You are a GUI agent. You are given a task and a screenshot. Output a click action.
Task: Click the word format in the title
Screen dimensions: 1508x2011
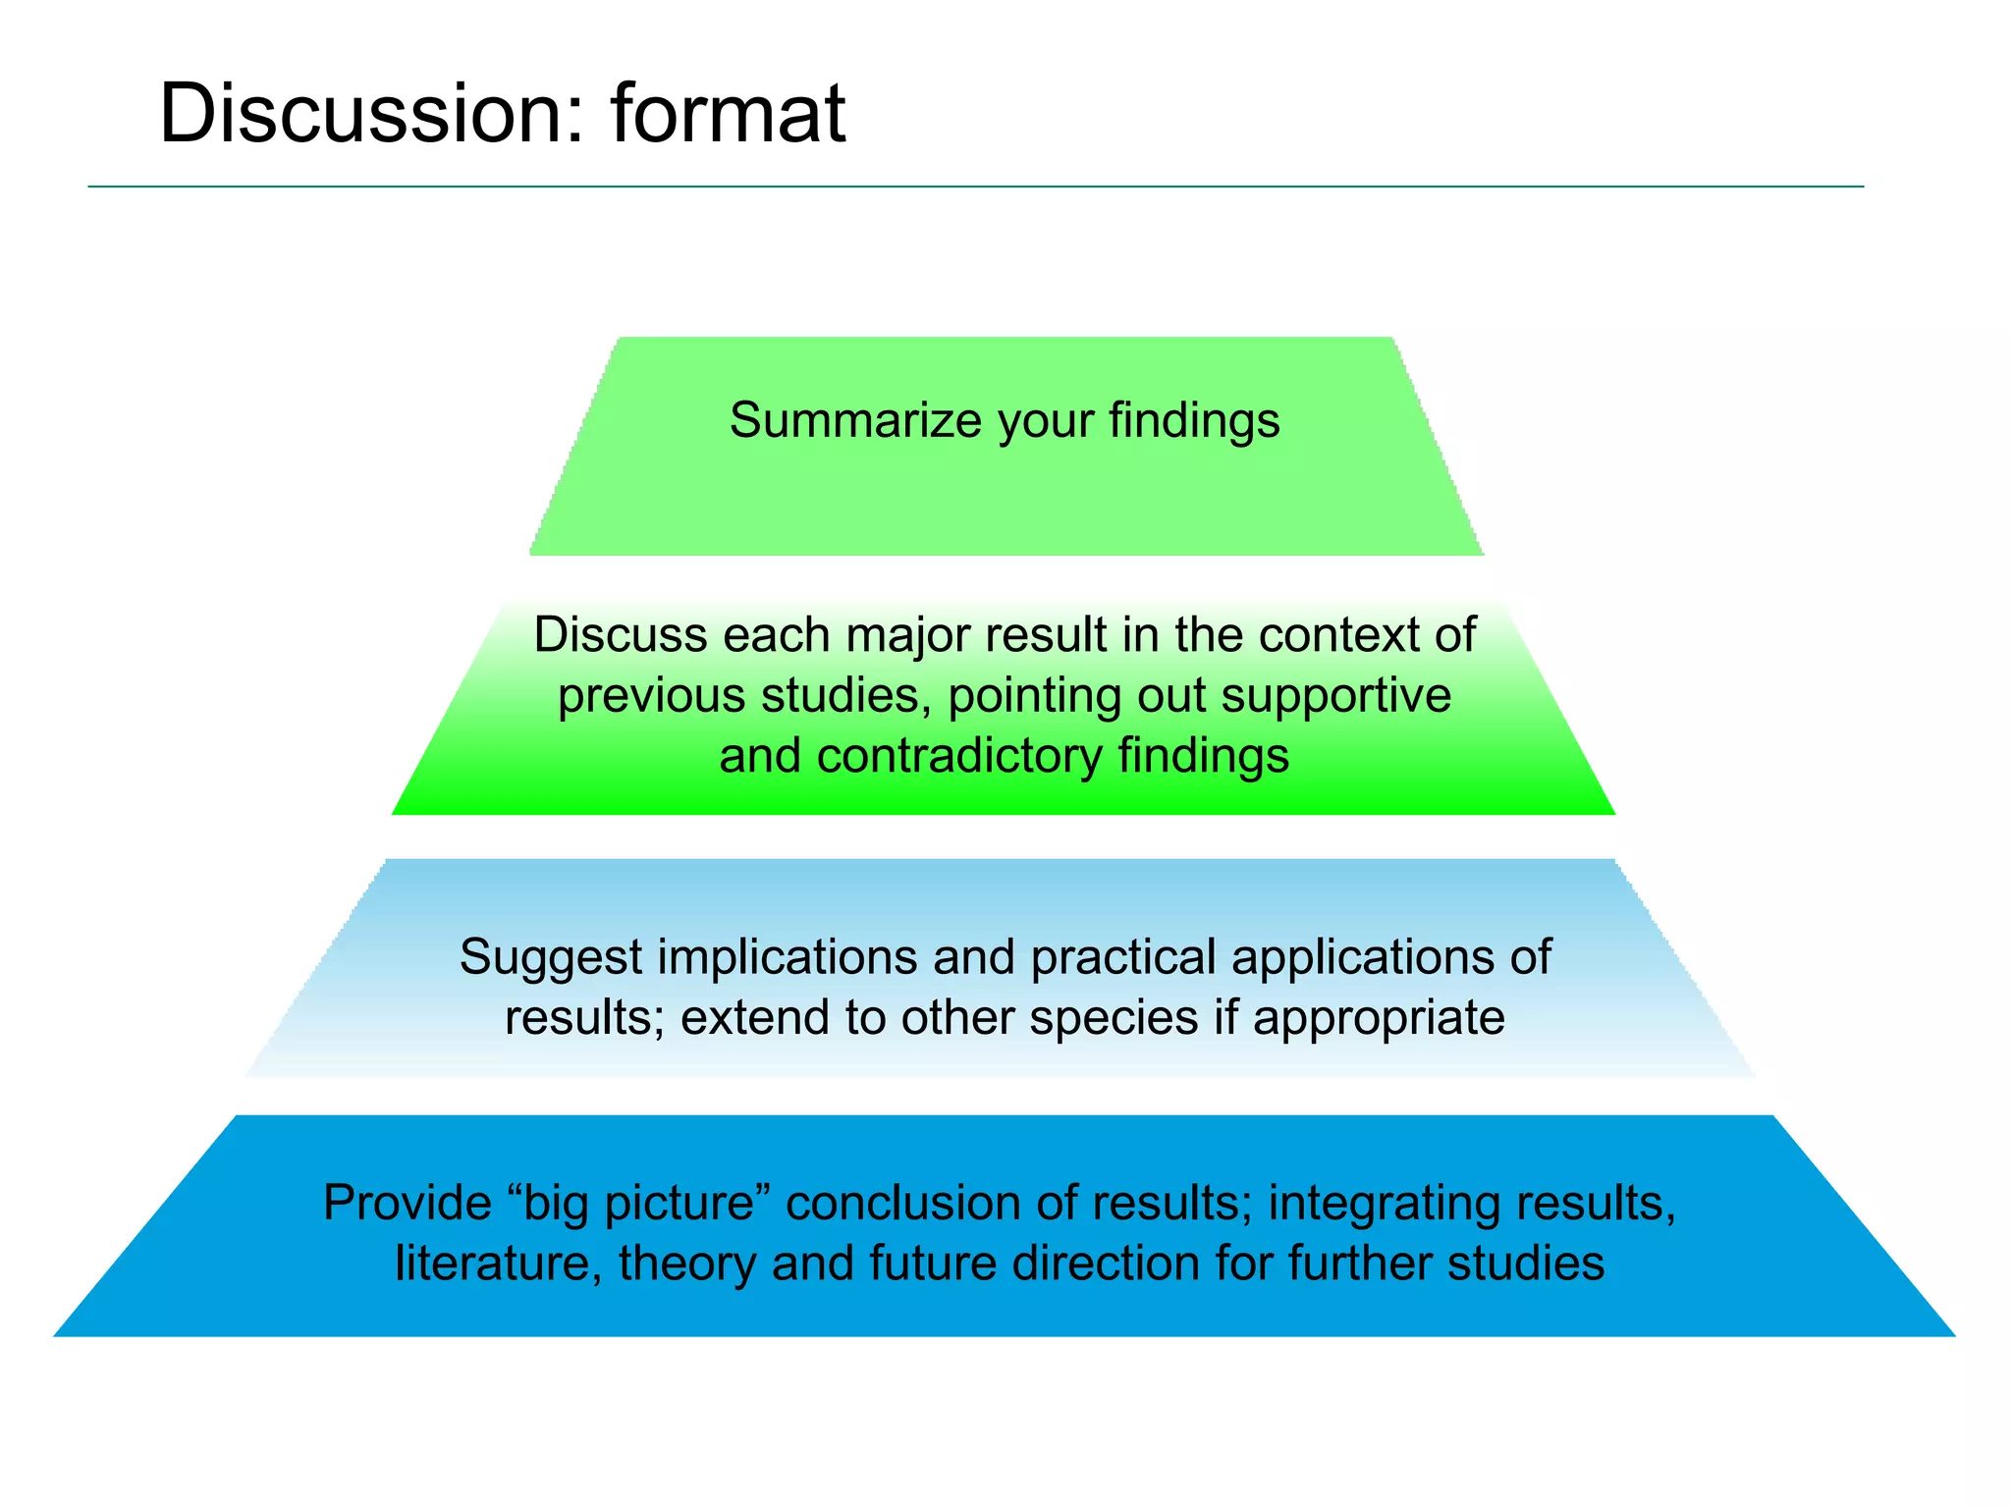(x=727, y=114)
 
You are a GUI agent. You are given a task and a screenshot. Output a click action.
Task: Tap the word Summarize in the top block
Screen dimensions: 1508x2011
(x=855, y=420)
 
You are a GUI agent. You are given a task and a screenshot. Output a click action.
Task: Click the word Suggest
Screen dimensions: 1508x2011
(x=550, y=958)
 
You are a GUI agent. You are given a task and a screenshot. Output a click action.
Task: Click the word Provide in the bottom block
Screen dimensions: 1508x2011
(x=407, y=1203)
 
